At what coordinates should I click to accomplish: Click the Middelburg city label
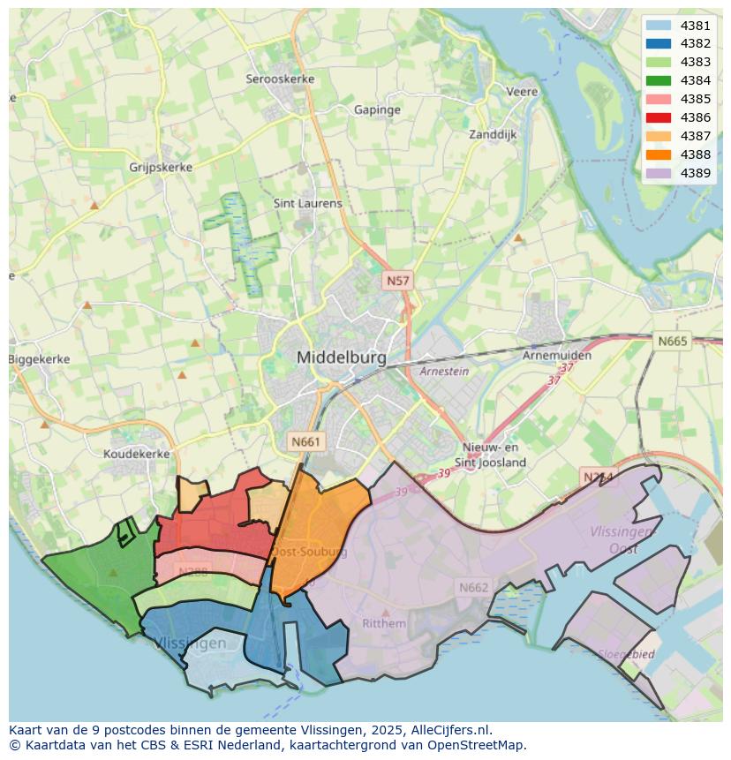[x=342, y=358]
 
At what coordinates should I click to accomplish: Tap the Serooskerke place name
[x=280, y=79]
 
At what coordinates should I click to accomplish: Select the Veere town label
[x=522, y=92]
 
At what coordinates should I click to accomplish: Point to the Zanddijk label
[x=493, y=135]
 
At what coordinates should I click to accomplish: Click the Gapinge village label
[x=377, y=110]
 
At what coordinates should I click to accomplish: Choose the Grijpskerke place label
[x=161, y=167]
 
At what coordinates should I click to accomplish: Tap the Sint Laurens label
[x=307, y=203]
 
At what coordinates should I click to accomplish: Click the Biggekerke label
[x=39, y=359]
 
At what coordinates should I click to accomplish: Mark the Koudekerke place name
[x=136, y=454]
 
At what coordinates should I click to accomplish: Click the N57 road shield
[x=397, y=281]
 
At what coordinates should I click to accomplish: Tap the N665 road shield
[x=673, y=341]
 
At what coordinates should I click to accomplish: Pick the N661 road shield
[x=306, y=441]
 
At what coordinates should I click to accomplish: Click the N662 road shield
[x=473, y=587]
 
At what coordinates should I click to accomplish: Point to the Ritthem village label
[x=384, y=623]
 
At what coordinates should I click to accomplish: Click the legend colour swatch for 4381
[x=658, y=26]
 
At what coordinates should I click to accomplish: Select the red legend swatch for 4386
[x=658, y=117]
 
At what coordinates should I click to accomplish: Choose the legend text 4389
[x=696, y=173]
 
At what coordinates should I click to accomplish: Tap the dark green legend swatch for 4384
[x=658, y=80]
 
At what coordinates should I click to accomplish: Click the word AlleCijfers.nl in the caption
[x=448, y=731]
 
